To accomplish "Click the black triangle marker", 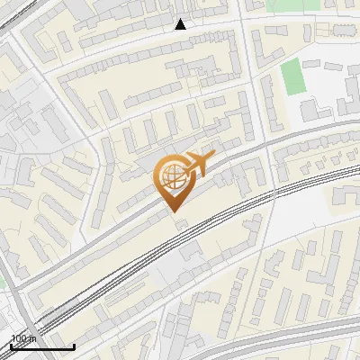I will [181, 24].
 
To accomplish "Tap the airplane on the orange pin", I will [197, 166].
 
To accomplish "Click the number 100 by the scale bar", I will [20, 339].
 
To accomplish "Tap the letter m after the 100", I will [32, 339].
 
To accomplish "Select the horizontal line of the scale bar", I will [41, 346].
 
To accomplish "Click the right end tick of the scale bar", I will [73, 345].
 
